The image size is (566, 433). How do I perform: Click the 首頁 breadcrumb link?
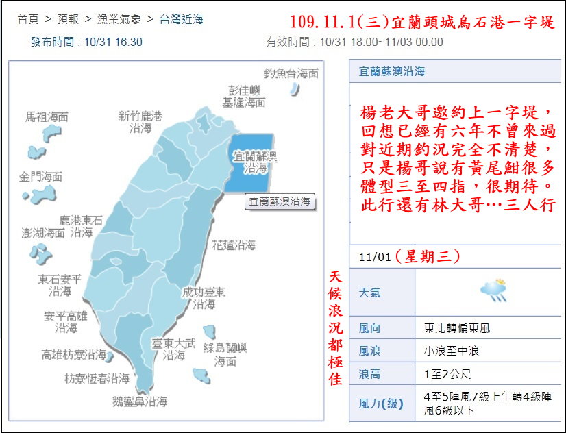[x=29, y=19]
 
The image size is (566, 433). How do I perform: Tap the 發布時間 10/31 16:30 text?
[x=86, y=42]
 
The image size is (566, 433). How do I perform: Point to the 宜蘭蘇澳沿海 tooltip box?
[x=279, y=201]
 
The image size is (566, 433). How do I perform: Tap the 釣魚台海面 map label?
[x=291, y=73]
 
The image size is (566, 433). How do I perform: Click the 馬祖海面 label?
[x=47, y=117]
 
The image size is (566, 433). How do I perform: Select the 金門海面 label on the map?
[x=41, y=177]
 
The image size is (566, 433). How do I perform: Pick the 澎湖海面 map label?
[x=42, y=233]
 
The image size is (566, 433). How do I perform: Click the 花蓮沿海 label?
[x=234, y=245]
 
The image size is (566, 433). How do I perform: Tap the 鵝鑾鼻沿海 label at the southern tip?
[x=140, y=402]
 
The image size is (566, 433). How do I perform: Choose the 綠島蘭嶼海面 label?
[x=225, y=354]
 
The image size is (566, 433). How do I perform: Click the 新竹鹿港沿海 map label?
[x=140, y=122]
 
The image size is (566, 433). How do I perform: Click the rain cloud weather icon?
[x=493, y=290]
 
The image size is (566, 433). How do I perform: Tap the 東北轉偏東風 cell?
[x=457, y=328]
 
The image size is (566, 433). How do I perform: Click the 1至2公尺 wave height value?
[x=447, y=374]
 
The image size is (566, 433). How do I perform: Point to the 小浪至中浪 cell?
[x=452, y=351]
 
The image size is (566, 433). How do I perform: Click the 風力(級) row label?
[x=381, y=404]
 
